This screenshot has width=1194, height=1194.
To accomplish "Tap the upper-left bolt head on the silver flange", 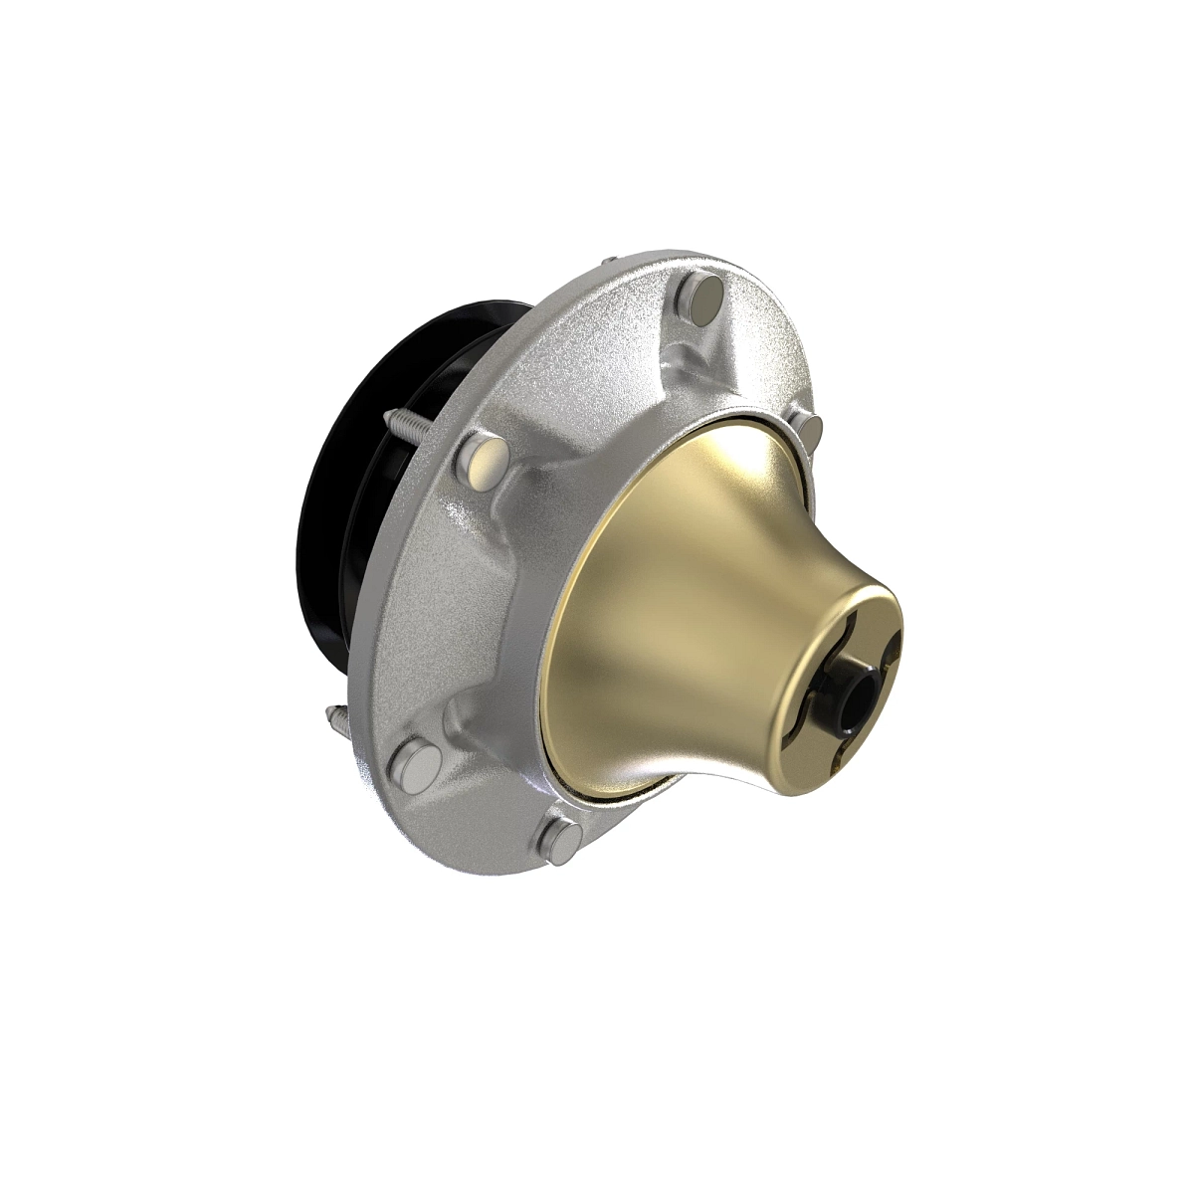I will click(x=482, y=460).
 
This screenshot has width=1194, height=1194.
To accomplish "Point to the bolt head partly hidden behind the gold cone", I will click(x=811, y=430).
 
